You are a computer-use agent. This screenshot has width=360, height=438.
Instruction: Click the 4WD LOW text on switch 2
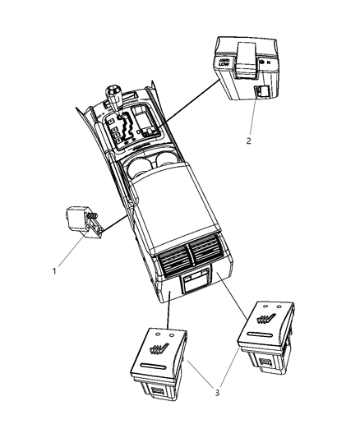click(x=222, y=63)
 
